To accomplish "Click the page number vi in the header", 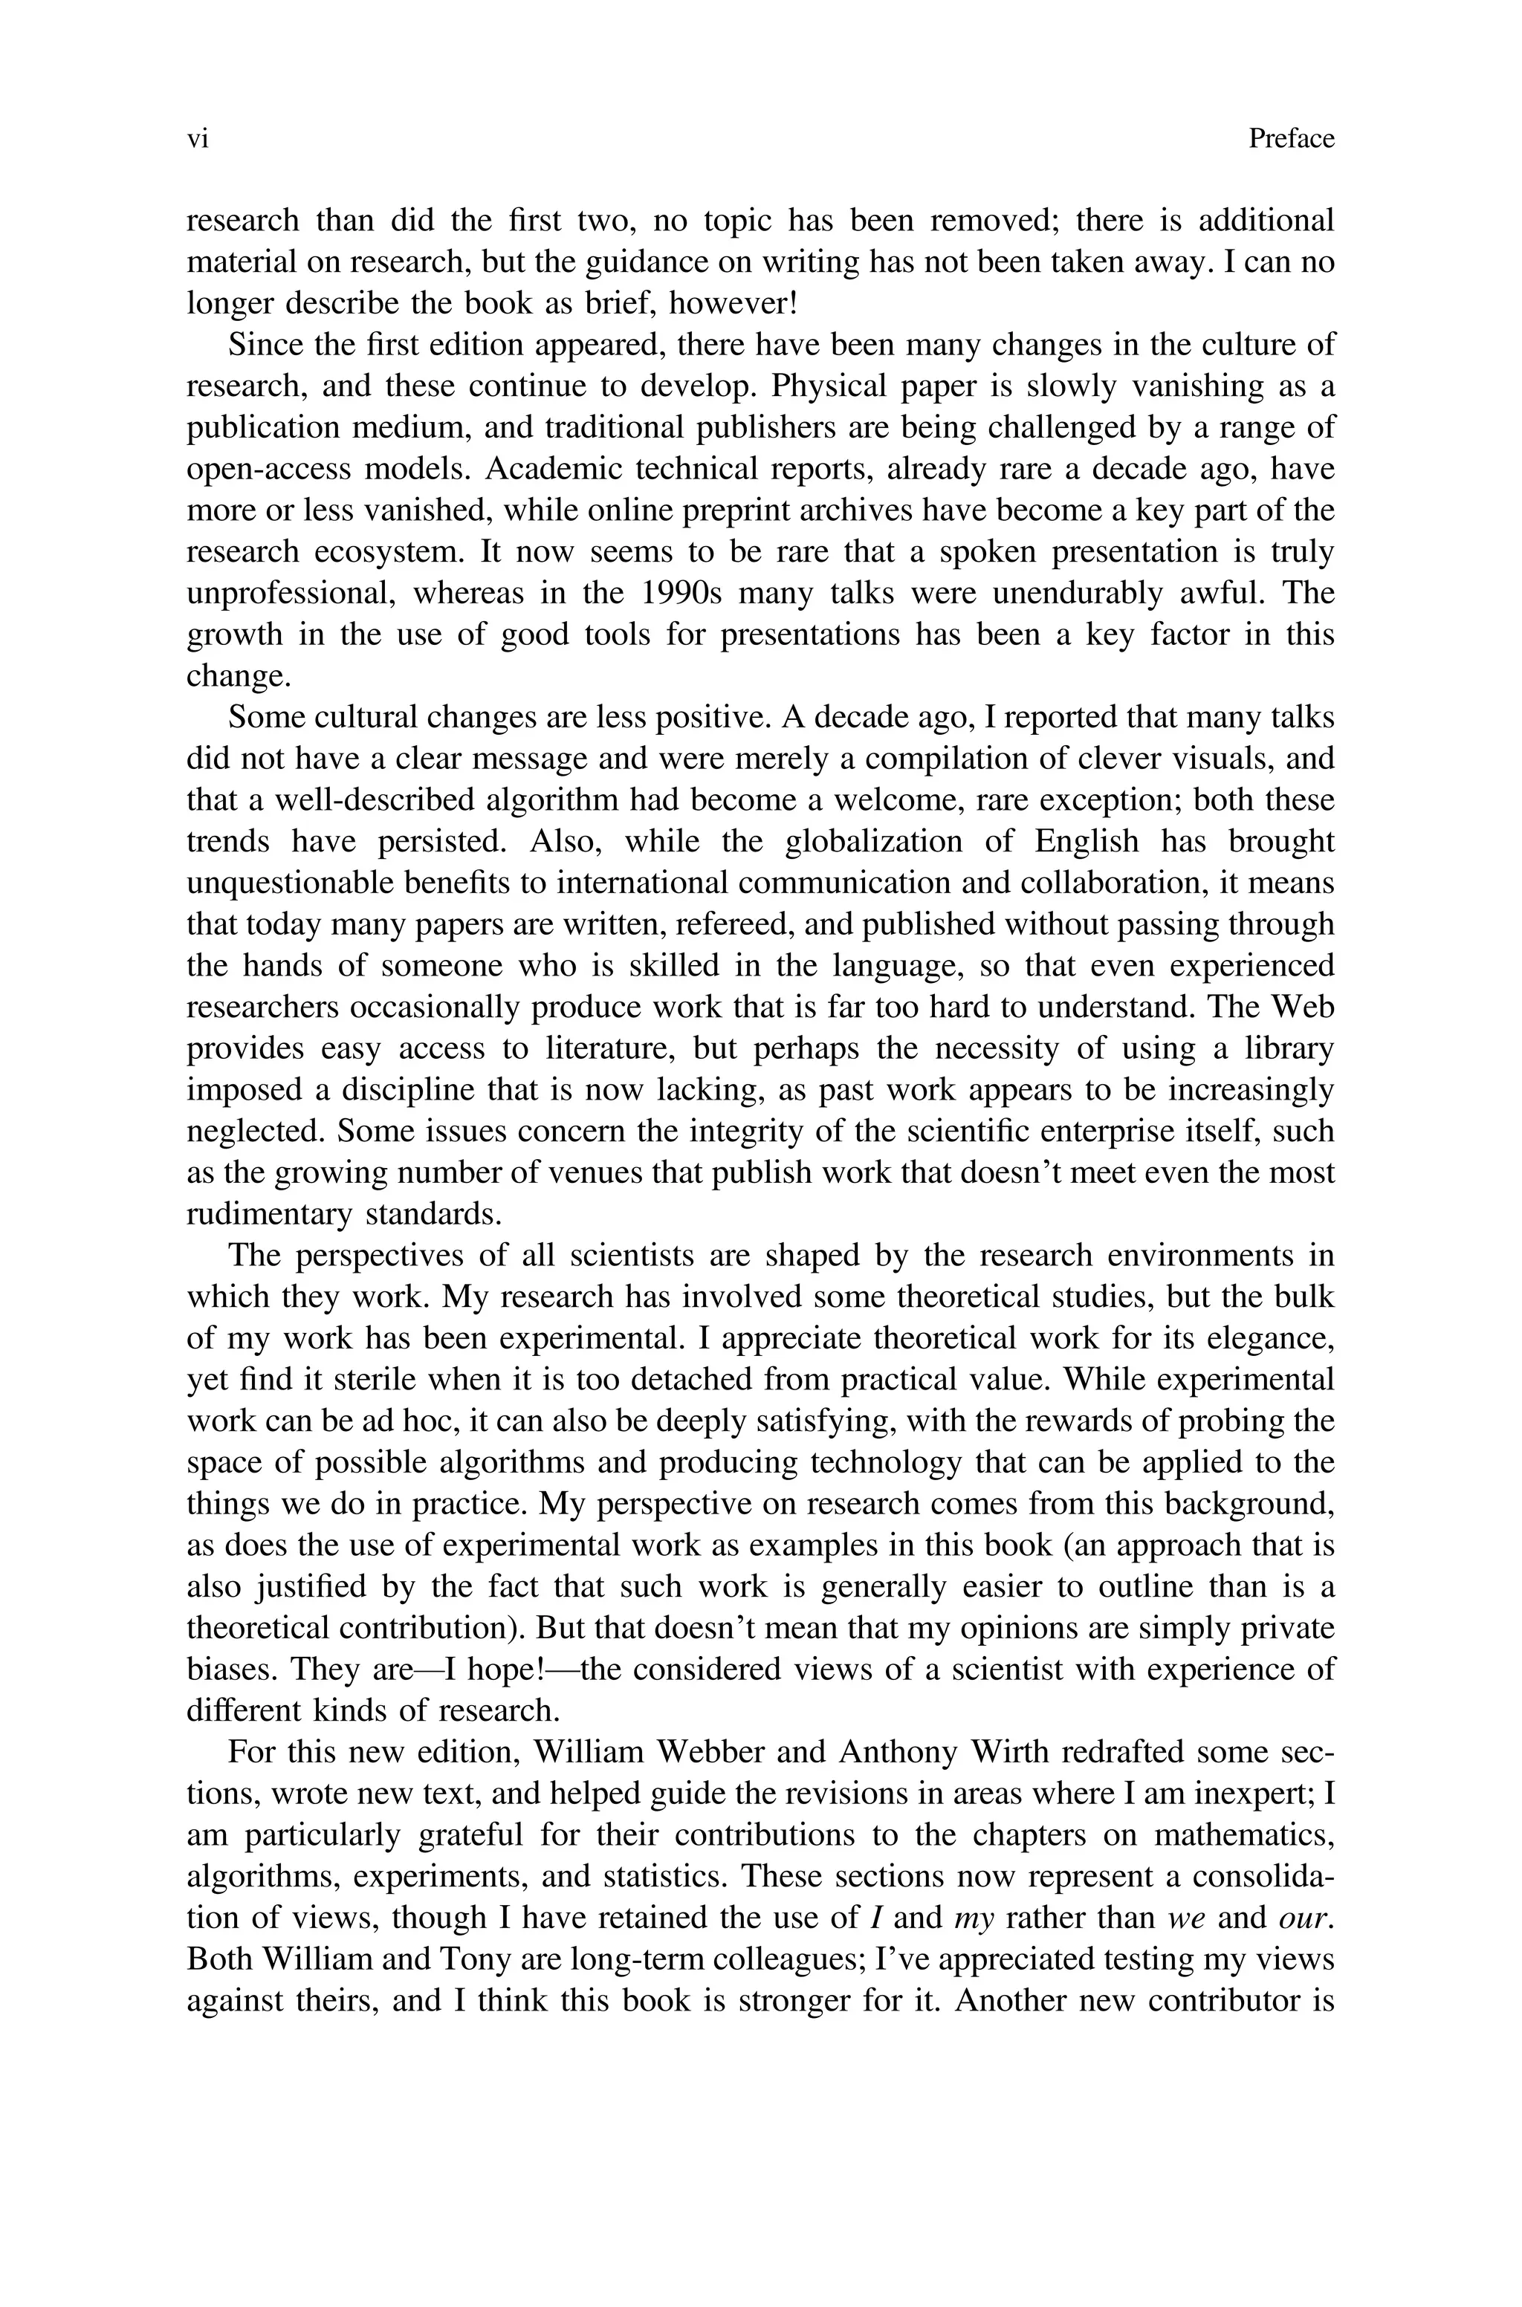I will (197, 140).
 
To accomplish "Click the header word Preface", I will (1291, 140).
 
